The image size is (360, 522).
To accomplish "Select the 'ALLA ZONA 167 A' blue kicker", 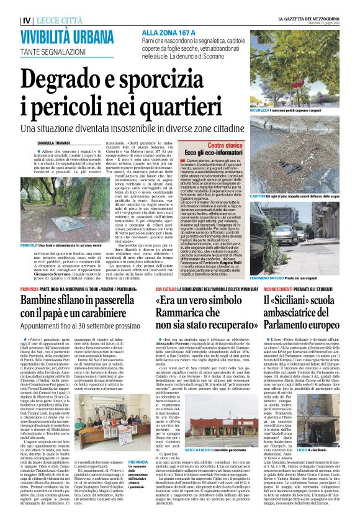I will coord(164,32).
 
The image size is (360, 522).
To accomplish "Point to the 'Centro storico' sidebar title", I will coord(225,145).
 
